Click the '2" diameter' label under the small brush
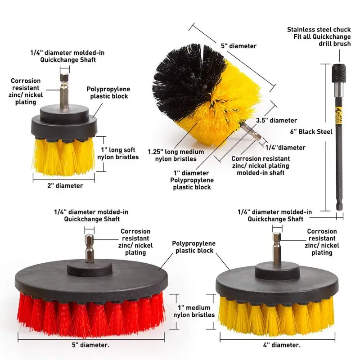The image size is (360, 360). (x=65, y=185)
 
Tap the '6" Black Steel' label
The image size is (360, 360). (x=311, y=131)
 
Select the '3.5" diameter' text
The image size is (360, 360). (x=276, y=120)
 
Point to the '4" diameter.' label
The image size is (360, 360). (x=282, y=345)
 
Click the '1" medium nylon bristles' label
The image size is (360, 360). (x=194, y=311)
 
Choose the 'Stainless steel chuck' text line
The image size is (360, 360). (x=319, y=30)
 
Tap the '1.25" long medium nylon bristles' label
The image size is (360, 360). (x=176, y=155)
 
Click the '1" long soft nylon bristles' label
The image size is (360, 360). (x=118, y=153)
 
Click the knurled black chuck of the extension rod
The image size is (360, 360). (x=339, y=73)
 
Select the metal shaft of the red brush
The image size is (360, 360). (x=89, y=248)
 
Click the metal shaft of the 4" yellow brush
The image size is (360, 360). (x=277, y=247)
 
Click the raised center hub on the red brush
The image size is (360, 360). (x=89, y=268)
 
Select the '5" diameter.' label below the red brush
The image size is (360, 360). (x=91, y=345)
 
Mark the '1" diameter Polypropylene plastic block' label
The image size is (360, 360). (x=192, y=180)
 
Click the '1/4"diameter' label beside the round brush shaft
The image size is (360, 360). (x=285, y=148)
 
